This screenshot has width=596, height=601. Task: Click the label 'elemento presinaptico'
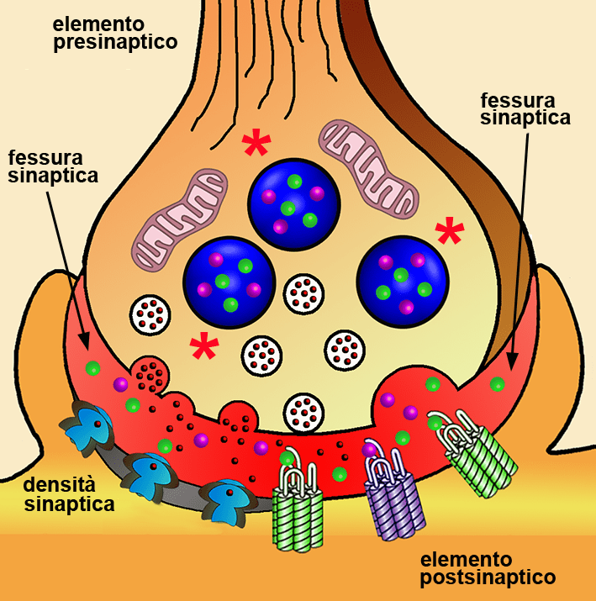tap(115, 33)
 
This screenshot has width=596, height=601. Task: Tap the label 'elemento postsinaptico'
tap(488, 568)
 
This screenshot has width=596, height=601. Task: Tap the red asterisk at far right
tap(451, 232)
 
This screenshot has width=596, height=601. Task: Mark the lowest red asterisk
tap(202, 346)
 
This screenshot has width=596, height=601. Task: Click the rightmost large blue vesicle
tap(402, 279)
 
